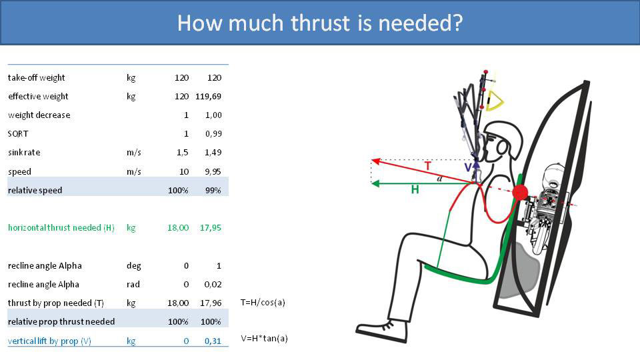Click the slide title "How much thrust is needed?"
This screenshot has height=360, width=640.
click(x=320, y=23)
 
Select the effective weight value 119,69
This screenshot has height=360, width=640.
click(x=208, y=97)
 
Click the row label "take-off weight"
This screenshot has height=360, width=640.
click(x=37, y=78)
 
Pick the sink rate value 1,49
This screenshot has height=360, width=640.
click(x=213, y=153)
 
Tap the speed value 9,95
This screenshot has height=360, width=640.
click(x=213, y=171)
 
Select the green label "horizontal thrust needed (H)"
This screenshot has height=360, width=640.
click(x=61, y=228)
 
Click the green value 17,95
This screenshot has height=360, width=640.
click(x=210, y=228)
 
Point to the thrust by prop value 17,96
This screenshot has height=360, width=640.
click(x=210, y=303)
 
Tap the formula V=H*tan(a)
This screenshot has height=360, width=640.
click(x=264, y=339)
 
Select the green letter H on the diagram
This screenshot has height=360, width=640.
click(x=415, y=190)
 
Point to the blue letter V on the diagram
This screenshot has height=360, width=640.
click(x=468, y=167)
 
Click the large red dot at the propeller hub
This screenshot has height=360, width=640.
click(x=521, y=193)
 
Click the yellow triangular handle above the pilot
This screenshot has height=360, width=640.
click(x=495, y=100)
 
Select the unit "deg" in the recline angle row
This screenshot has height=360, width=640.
click(x=133, y=265)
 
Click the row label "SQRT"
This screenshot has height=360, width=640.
click(x=17, y=134)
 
